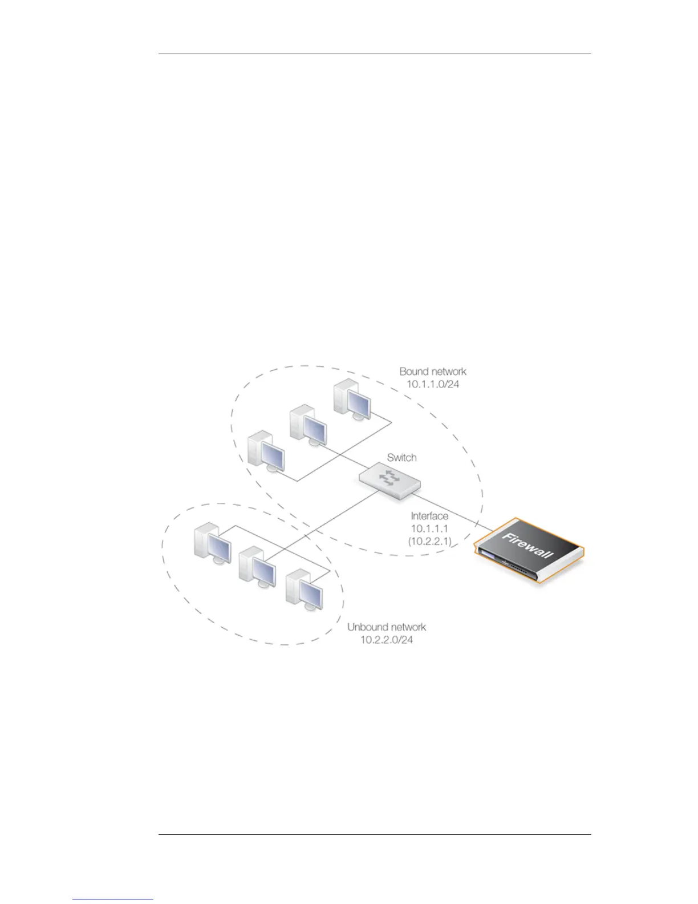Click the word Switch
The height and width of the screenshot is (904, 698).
[x=401, y=457]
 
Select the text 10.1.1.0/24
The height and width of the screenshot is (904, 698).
[x=433, y=384]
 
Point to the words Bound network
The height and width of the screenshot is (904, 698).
[x=433, y=372]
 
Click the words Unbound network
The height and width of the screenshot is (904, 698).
[x=387, y=627]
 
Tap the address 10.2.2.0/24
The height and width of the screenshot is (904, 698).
[x=387, y=639]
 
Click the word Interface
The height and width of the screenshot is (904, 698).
[x=429, y=516]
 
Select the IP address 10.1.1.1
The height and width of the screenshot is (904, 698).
[x=429, y=528]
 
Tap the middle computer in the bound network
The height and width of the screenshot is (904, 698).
[x=308, y=425]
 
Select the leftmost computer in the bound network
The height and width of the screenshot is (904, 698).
[x=266, y=454]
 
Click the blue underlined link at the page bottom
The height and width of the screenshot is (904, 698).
[x=113, y=899]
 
